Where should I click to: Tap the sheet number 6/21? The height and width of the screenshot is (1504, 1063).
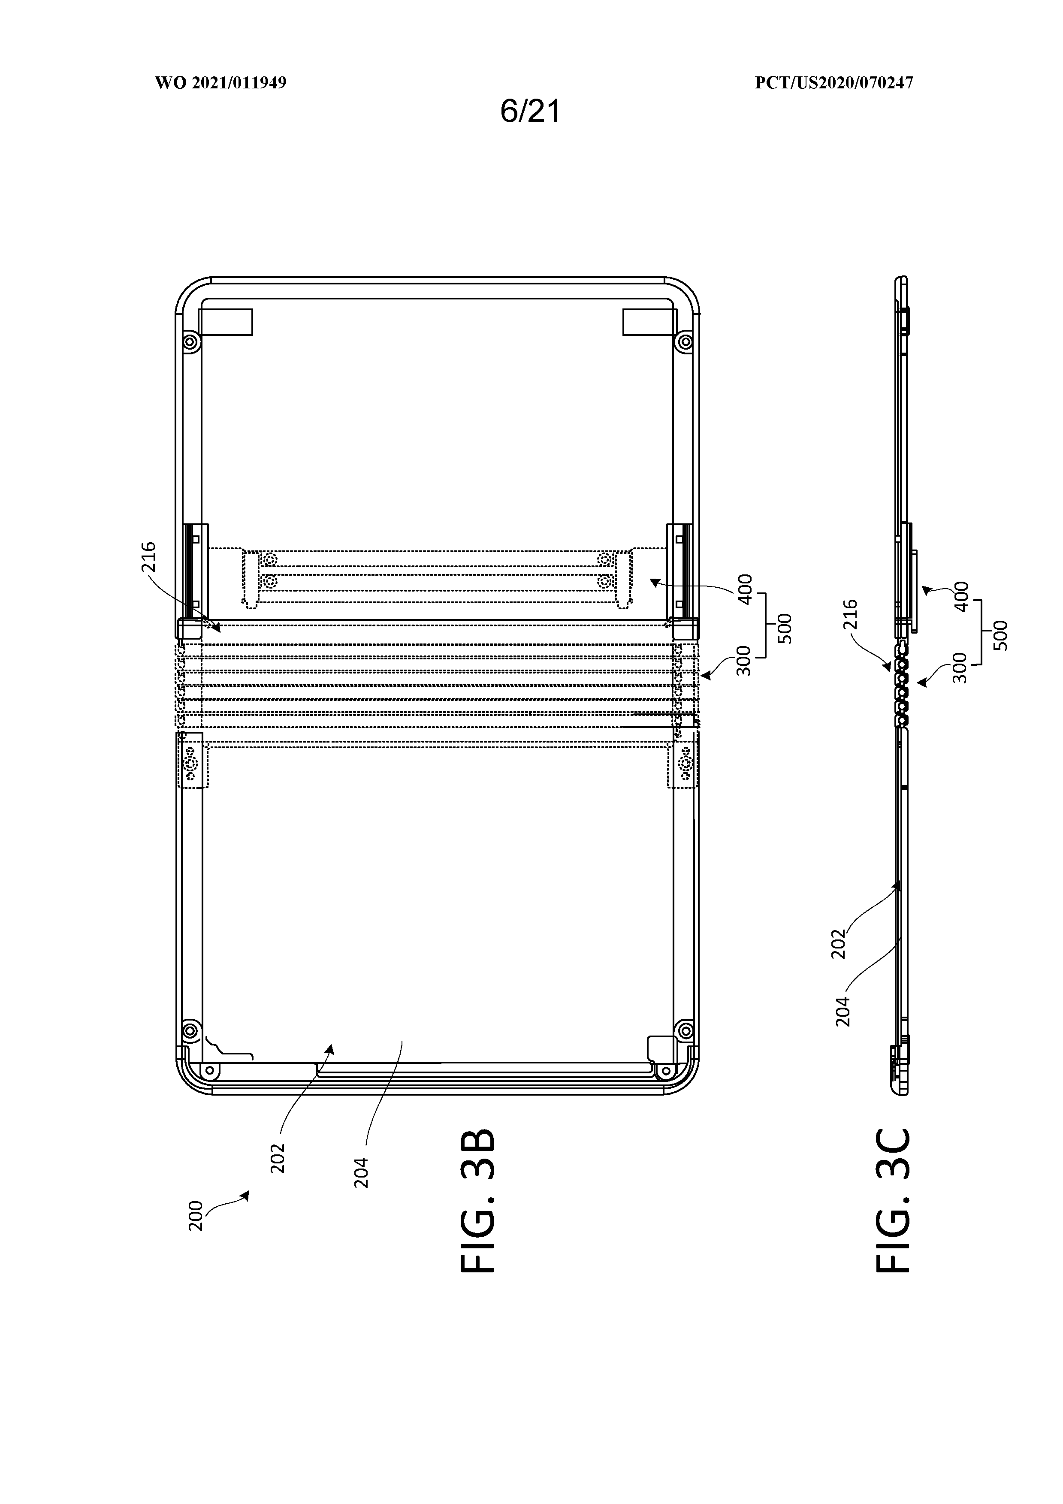click(x=531, y=112)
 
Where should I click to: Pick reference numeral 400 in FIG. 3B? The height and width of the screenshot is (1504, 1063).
click(x=745, y=589)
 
